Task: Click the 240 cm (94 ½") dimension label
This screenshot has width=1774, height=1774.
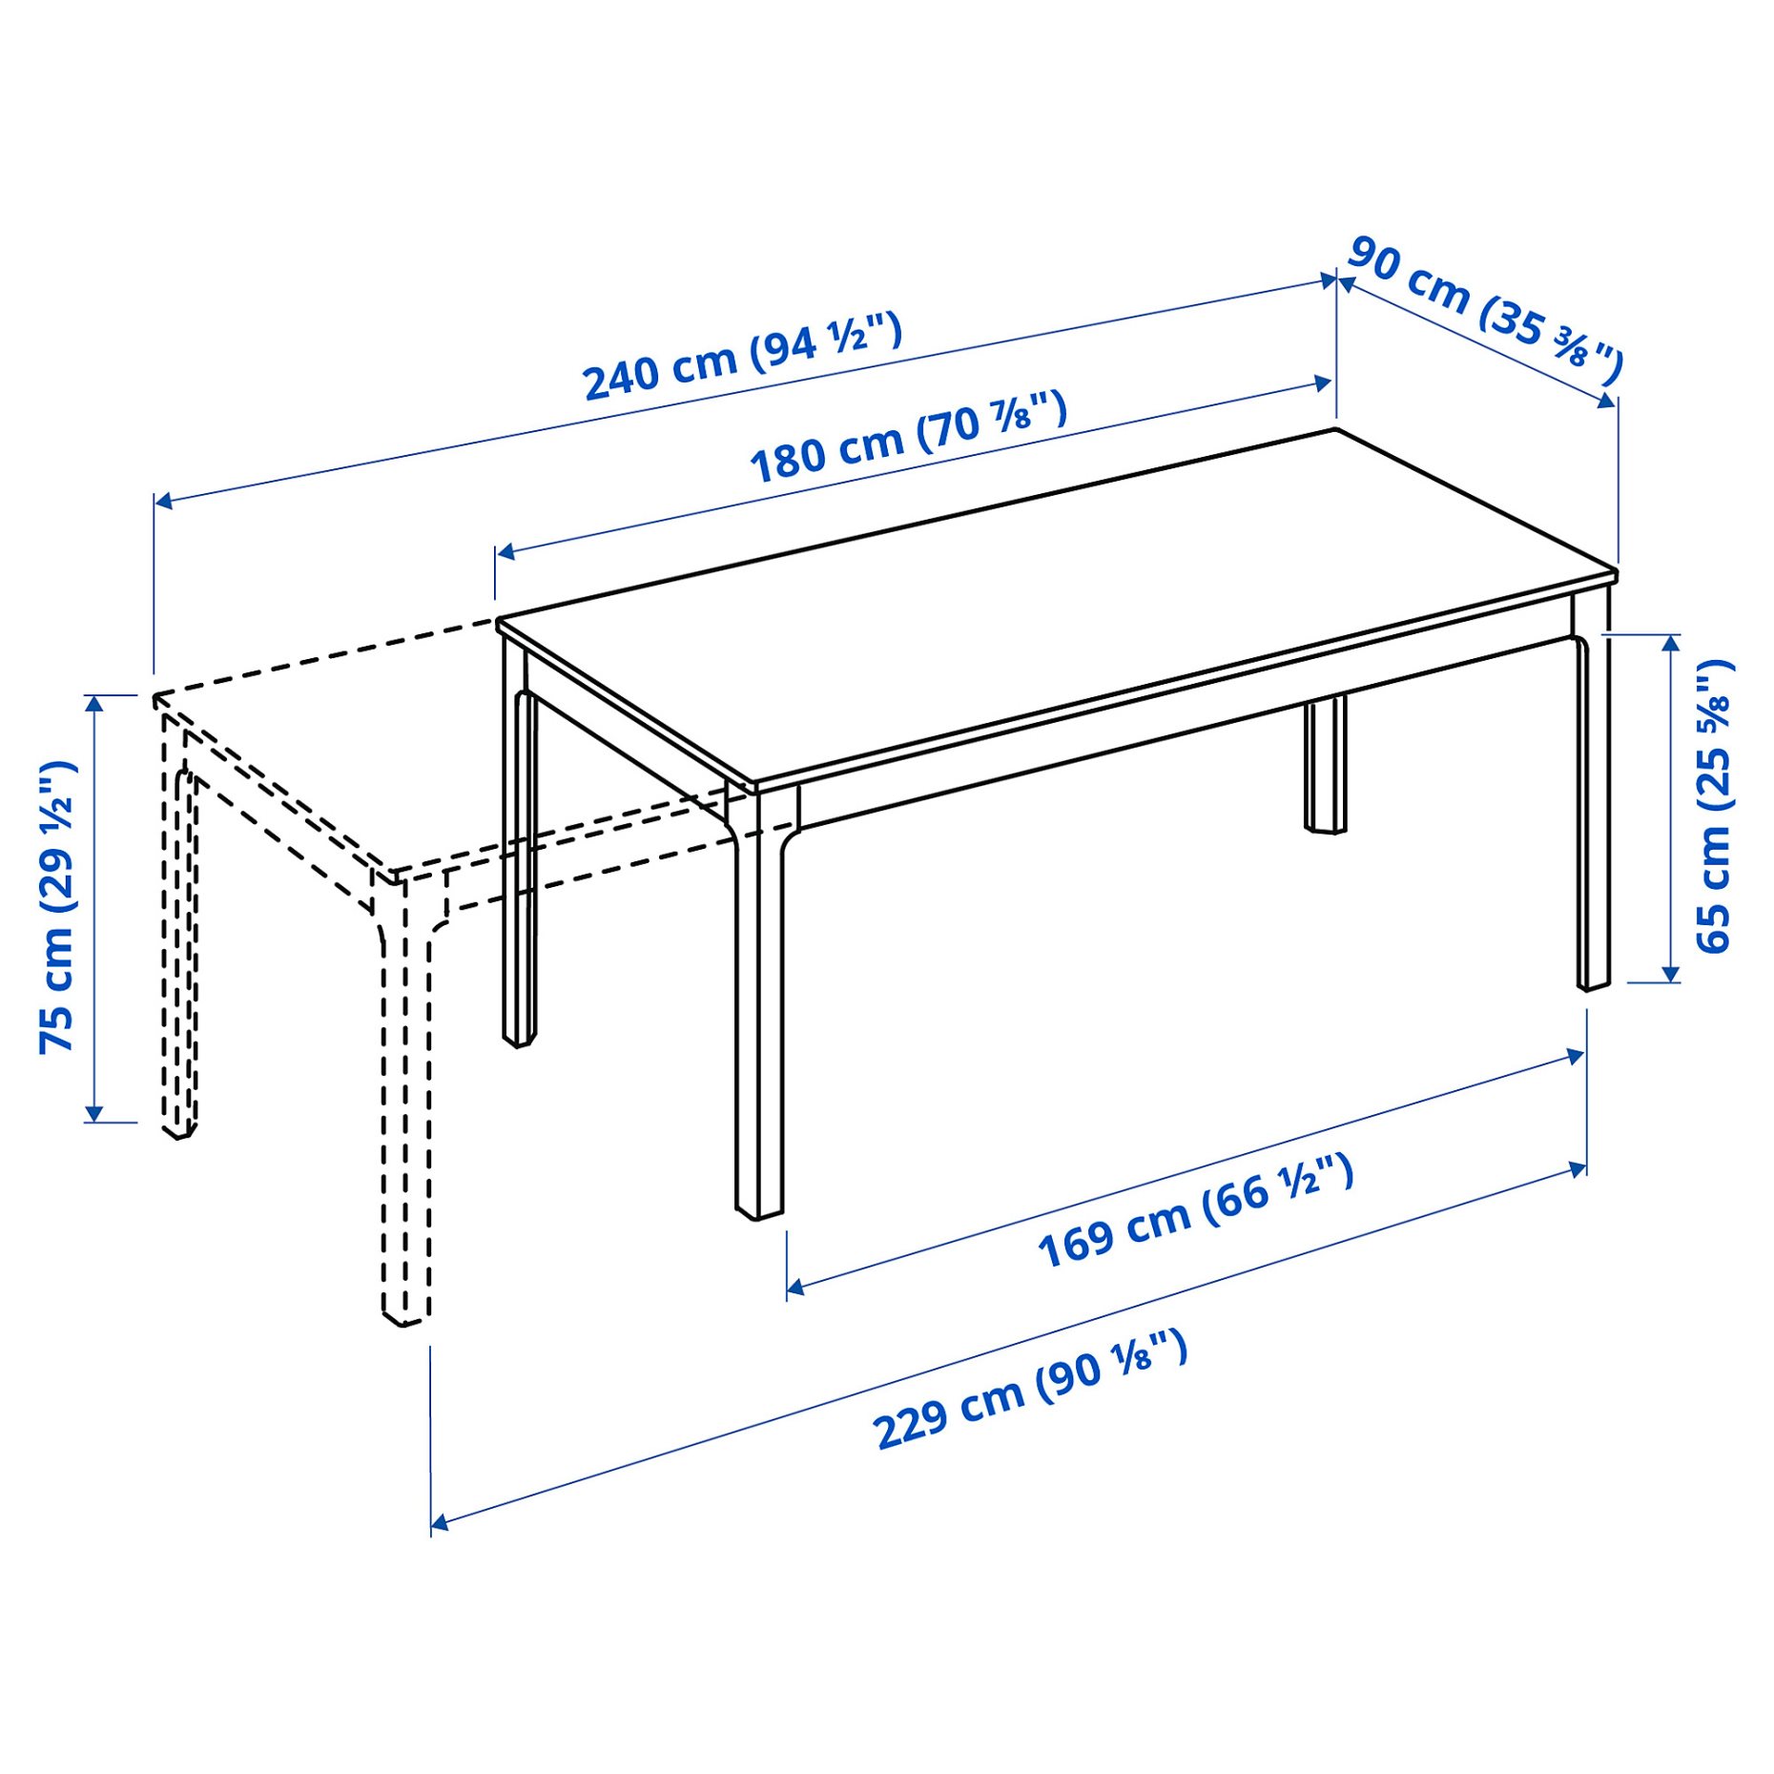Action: click(x=742, y=356)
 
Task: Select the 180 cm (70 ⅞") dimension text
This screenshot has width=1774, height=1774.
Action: click(x=908, y=437)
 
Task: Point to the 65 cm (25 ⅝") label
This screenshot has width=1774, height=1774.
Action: click(x=1713, y=805)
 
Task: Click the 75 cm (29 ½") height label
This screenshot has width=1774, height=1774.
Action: click(x=57, y=906)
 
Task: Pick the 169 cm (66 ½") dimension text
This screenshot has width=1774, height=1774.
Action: click(x=1195, y=1211)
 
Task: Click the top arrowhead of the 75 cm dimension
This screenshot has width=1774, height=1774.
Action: click(x=93, y=704)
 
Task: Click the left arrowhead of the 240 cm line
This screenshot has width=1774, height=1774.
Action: click(x=163, y=501)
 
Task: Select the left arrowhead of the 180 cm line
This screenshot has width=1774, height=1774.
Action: click(x=505, y=551)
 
